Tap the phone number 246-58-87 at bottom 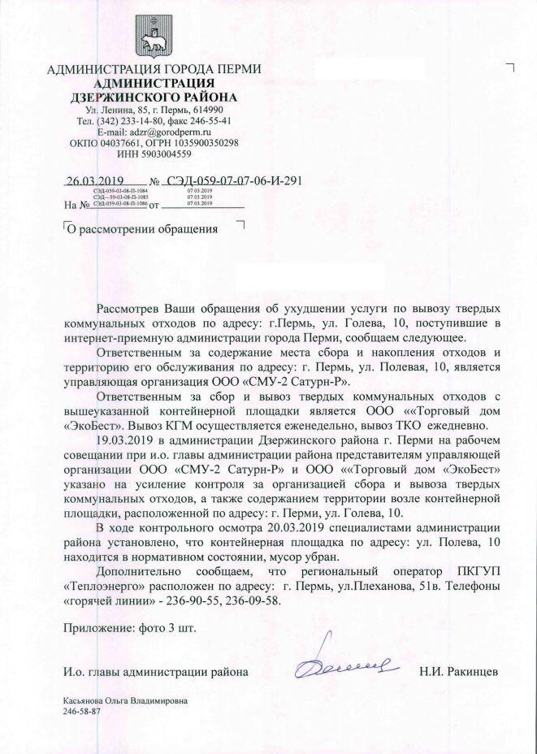point(82,710)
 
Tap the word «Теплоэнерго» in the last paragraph point(100,587)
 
